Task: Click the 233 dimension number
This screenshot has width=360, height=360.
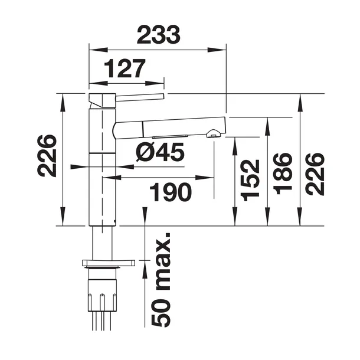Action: point(158,35)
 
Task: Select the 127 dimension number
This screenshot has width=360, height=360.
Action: point(125,68)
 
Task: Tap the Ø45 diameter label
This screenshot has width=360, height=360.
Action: point(160,152)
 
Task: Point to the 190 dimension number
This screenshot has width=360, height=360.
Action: point(171,192)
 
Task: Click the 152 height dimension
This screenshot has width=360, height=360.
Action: point(250,180)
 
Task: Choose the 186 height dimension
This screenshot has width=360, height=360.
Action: point(283,174)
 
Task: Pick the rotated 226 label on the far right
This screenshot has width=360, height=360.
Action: point(315,174)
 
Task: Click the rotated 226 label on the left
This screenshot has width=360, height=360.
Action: point(47,156)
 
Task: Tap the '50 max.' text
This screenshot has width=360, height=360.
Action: point(161,280)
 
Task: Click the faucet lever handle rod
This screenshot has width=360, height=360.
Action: point(140,97)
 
